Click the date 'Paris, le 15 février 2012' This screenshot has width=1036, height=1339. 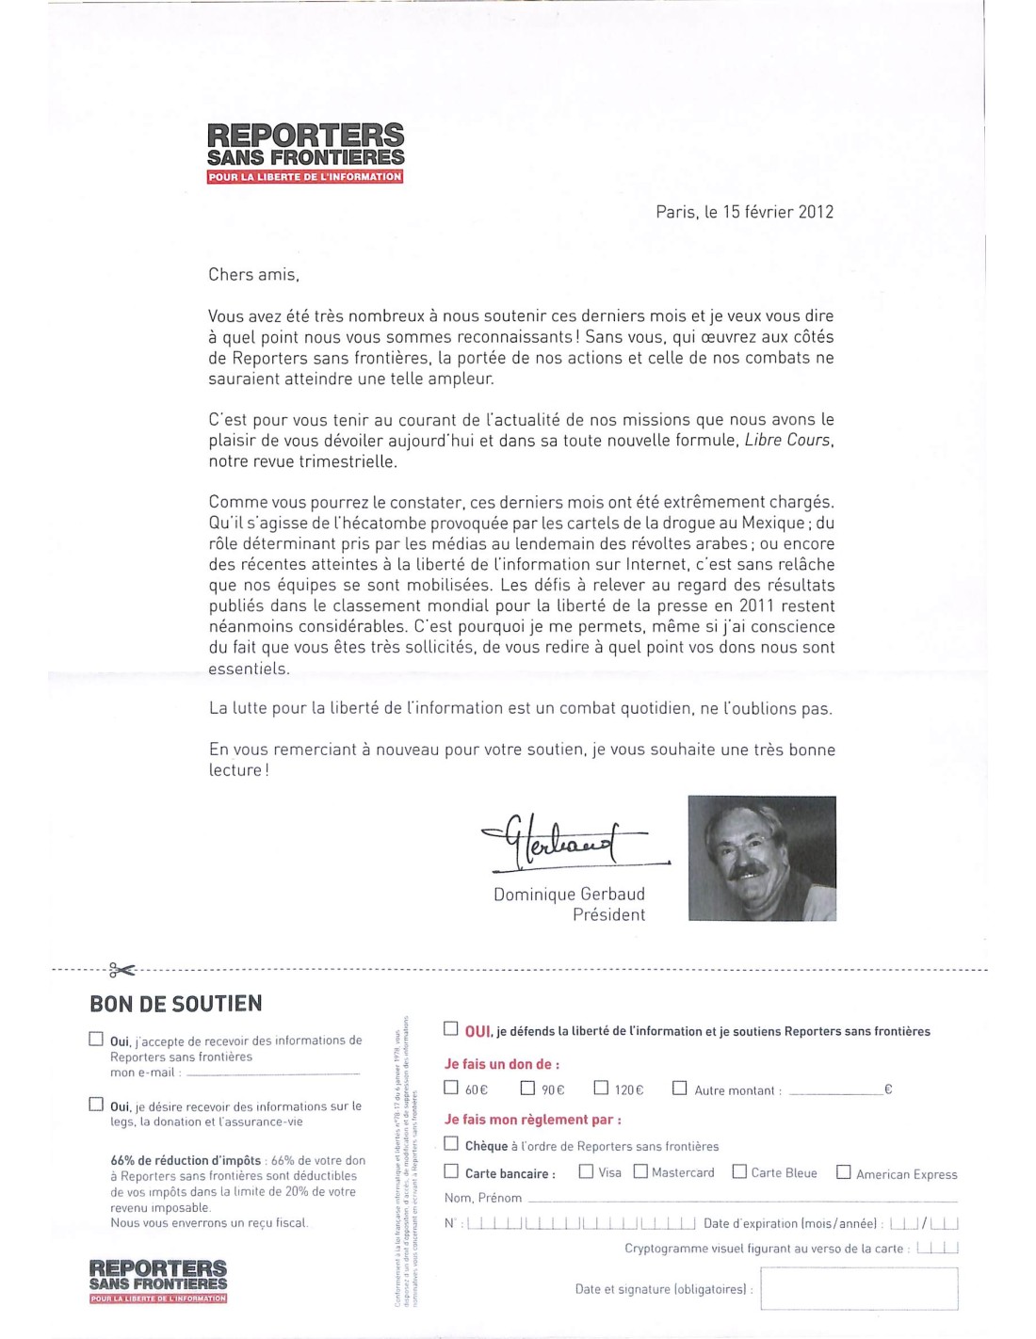click(x=744, y=212)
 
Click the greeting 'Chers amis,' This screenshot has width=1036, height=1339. click(x=253, y=275)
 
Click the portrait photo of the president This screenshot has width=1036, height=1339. click(x=762, y=858)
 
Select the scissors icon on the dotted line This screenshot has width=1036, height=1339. click(x=121, y=969)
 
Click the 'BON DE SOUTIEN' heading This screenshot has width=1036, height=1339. click(x=176, y=1004)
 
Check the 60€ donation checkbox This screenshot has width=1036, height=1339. click(x=451, y=1088)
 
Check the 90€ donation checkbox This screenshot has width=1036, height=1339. click(x=527, y=1088)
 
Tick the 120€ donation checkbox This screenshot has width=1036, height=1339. click(x=601, y=1088)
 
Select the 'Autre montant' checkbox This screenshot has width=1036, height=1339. click(x=679, y=1088)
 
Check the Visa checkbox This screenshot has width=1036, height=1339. click(x=586, y=1171)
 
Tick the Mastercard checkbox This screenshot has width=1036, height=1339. click(x=640, y=1171)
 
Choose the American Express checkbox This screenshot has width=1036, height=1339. click(x=844, y=1172)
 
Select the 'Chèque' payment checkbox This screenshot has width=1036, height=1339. click(x=451, y=1144)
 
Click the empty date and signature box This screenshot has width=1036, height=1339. click(x=859, y=1288)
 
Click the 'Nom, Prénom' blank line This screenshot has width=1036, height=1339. click(x=742, y=1200)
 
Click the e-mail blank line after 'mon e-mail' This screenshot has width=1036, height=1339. click(x=273, y=1073)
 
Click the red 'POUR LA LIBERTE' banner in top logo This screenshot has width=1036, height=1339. click(x=305, y=177)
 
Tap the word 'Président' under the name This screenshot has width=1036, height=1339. click(x=608, y=915)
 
